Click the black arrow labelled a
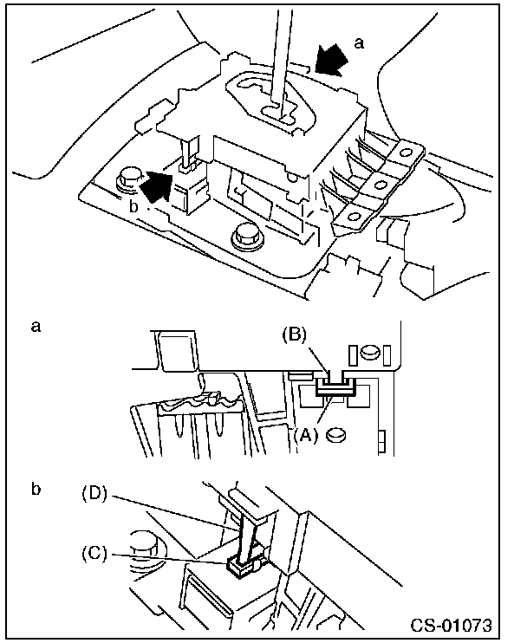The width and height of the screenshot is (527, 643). pyautogui.click(x=331, y=61)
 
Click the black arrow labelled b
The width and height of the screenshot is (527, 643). pyautogui.click(x=153, y=185)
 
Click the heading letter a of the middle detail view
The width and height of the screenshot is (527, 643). pyautogui.click(x=36, y=327)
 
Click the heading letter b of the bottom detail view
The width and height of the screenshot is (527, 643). pyautogui.click(x=36, y=489)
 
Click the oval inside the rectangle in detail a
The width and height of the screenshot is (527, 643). pyautogui.click(x=369, y=352)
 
